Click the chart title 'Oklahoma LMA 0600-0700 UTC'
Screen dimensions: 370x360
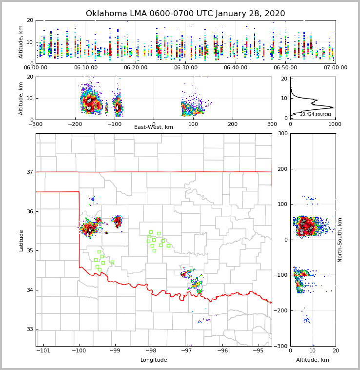185,14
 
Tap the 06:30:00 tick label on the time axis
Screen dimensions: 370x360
186,68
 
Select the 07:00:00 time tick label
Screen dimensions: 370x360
335,68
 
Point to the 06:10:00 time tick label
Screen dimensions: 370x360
86,68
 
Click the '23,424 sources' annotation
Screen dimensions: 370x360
316,114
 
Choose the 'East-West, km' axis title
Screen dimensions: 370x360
154,127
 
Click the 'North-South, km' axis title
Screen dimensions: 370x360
340,240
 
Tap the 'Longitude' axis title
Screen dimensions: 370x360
154,360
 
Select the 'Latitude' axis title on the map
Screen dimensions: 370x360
21,240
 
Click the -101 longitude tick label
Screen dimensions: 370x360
43,350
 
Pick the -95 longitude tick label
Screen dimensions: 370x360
259,350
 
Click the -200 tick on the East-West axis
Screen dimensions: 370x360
75,124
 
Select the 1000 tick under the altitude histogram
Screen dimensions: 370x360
334,124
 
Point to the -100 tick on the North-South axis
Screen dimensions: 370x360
280,275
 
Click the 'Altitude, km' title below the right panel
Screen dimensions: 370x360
313,360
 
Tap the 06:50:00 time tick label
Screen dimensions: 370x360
285,68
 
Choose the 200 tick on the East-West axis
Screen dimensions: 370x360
233,124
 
